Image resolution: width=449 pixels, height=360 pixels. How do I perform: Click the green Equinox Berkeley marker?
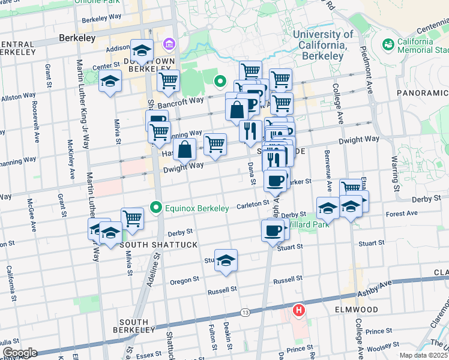click(x=157, y=208)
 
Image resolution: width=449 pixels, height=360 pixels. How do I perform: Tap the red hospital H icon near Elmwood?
click(x=298, y=310)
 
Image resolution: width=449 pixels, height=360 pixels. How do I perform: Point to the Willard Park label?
click(x=303, y=224)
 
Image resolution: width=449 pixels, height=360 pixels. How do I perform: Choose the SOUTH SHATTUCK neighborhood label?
click(x=150, y=245)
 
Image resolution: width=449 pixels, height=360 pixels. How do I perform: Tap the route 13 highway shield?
click(x=245, y=313)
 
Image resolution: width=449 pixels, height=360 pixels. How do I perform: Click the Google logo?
click(x=20, y=353)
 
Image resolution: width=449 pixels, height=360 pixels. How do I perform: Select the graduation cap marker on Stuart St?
click(x=226, y=260)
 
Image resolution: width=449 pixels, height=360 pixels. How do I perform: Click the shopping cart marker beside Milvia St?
click(x=132, y=218)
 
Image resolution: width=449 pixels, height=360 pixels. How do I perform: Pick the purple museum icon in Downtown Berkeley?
click(x=167, y=45)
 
